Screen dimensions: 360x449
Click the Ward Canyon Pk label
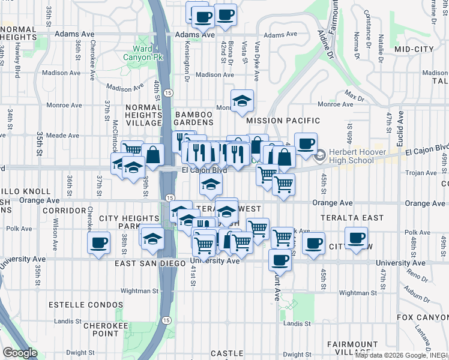tap(142, 53)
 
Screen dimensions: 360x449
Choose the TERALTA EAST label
tap(344, 217)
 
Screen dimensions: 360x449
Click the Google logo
tap(19, 353)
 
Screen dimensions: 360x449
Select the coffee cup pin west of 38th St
tap(98, 243)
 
